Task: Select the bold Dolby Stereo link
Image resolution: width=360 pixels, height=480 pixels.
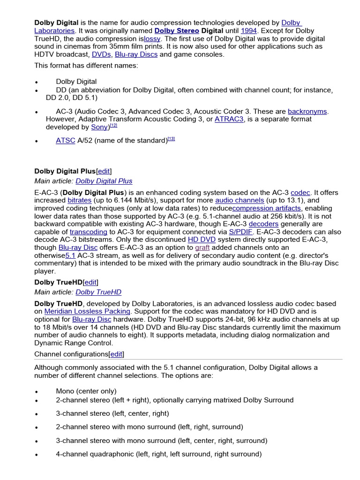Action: point(177,30)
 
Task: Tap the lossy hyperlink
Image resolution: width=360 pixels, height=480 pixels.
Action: point(152,38)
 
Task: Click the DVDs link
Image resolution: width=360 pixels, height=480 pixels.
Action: point(101,54)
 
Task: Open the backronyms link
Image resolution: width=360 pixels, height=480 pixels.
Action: point(307,111)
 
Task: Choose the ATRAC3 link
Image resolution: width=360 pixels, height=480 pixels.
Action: point(229,119)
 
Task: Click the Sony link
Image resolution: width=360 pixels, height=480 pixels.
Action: point(99,127)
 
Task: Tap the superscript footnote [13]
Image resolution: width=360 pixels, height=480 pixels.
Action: point(171,139)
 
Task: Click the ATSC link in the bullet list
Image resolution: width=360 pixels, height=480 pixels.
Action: point(66,140)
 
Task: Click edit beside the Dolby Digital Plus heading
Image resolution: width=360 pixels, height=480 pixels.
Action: point(104,171)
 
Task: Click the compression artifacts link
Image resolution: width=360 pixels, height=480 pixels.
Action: point(267,208)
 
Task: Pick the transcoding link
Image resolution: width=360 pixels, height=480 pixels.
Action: point(88,232)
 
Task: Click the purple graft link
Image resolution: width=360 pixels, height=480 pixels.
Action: point(202,247)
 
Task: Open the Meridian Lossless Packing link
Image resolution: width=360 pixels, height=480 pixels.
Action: point(87,311)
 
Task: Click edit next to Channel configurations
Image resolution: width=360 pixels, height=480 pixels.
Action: point(117,354)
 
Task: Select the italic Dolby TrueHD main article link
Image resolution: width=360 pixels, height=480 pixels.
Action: point(98,292)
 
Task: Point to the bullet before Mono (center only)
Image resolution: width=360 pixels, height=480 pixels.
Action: point(36,392)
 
